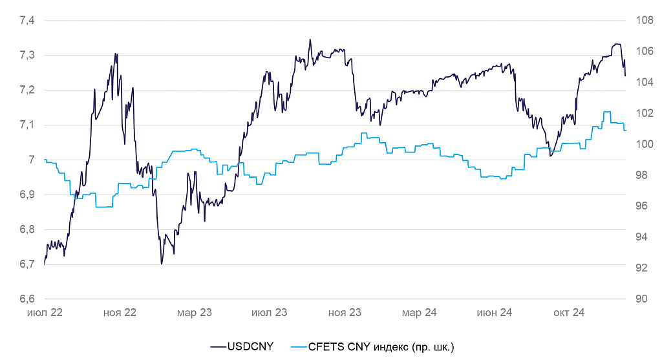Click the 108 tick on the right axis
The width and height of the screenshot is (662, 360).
tap(645, 21)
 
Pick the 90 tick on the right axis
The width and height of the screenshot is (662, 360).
tap(642, 299)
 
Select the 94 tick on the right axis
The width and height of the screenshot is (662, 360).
tap(642, 237)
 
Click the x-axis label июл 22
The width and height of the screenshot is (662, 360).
tap(45, 313)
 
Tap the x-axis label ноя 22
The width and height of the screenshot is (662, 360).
tap(120, 313)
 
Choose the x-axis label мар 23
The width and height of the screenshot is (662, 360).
tap(195, 313)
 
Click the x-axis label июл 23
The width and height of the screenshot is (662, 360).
tap(270, 313)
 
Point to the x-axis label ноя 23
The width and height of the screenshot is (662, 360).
tap(345, 313)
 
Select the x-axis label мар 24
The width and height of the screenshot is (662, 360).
tap(420, 313)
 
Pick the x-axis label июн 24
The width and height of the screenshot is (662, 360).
tap(495, 313)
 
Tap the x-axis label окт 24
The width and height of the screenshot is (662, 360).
tap(569, 313)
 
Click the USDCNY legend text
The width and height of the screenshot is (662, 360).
tap(250, 348)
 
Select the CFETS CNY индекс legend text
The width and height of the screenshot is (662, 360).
tap(381, 348)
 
